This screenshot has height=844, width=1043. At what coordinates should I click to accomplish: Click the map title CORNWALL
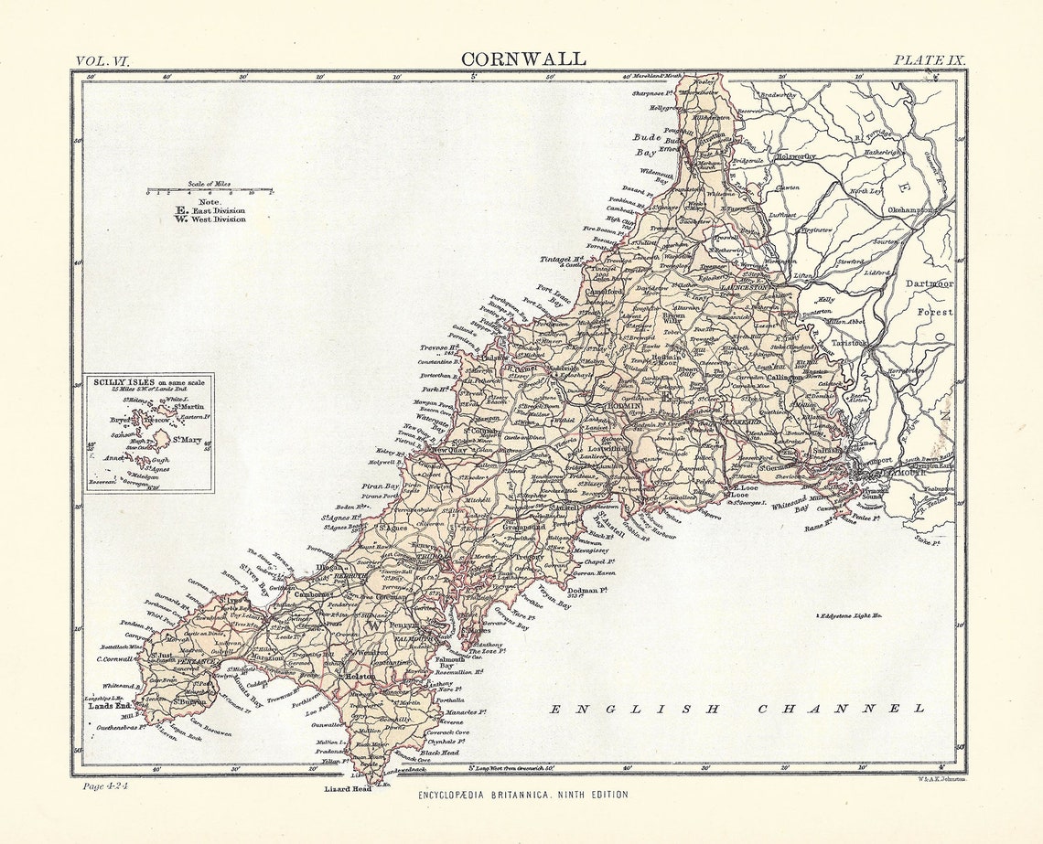pos(523,59)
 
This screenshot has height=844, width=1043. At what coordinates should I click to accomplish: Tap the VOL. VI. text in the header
pos(102,60)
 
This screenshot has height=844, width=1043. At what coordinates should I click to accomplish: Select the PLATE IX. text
pos(929,60)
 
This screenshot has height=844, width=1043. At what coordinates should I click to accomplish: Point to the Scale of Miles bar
pos(210,191)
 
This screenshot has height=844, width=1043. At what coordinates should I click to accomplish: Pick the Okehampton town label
pos(909,209)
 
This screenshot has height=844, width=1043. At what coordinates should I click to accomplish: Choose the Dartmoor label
pos(929,284)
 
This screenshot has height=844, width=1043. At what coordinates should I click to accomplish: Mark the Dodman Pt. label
pos(587,591)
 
